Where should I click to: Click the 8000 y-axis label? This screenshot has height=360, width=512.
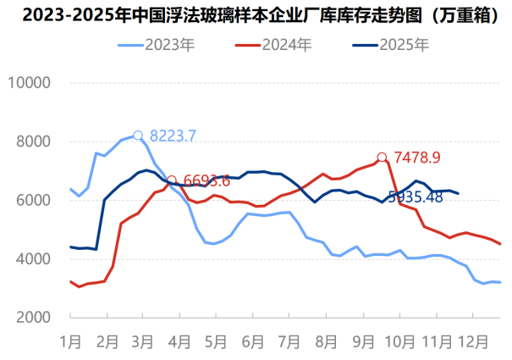pyautogui.click(x=33, y=141)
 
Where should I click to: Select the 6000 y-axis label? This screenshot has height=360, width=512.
pyautogui.click(x=33, y=200)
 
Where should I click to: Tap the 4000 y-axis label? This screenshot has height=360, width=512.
pyautogui.click(x=33, y=258)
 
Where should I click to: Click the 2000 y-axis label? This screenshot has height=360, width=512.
pyautogui.click(x=33, y=317)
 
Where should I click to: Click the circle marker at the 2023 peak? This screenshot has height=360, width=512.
pyautogui.click(x=138, y=135)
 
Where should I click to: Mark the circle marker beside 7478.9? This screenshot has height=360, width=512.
pyautogui.click(x=382, y=157)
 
